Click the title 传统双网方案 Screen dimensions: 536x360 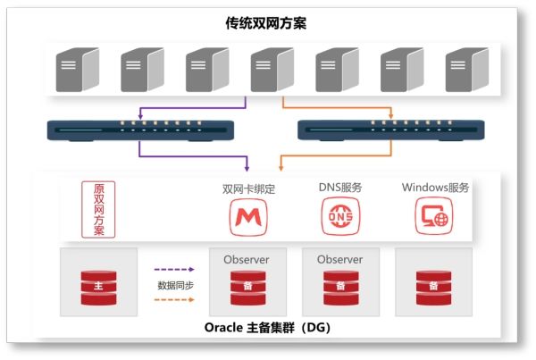265,23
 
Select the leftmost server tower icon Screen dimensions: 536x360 78,70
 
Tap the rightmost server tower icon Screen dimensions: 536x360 467,70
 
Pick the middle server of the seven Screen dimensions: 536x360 272,70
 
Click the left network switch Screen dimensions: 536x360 140,130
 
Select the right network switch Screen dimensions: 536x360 391,130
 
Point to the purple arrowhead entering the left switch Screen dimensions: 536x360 140,117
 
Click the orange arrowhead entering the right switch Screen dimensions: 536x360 391,116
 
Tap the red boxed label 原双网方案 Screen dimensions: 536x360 98,209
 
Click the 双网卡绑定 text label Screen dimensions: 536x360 248,189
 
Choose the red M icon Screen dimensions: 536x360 248,217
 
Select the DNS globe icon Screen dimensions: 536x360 340,216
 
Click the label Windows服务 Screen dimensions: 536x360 435,188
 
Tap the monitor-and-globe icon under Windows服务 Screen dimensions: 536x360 434,216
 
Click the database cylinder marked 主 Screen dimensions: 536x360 98,288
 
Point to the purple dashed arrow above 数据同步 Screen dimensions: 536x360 174,270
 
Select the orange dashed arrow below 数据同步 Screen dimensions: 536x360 174,300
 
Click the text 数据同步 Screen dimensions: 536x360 175,285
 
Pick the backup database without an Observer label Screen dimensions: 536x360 433,288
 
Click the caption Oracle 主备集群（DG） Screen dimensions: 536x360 267,328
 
